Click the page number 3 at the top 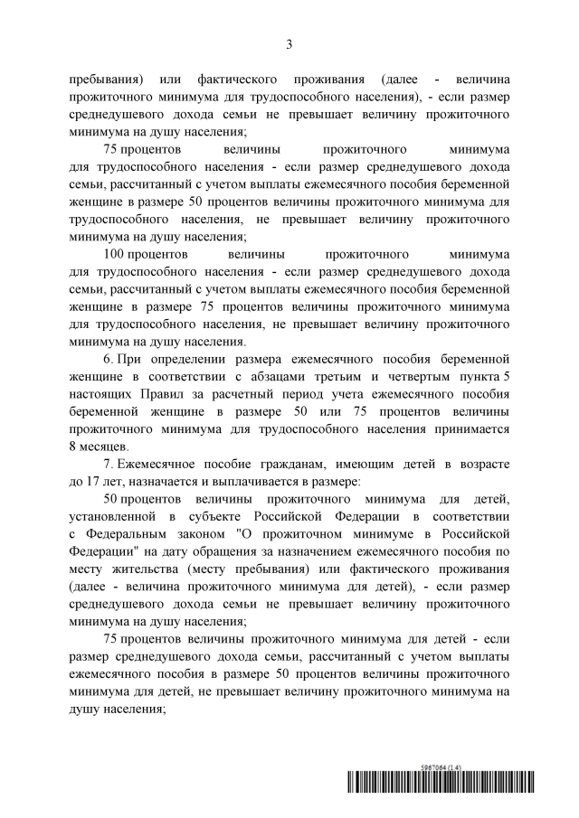coord(289,43)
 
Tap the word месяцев coord(106,447)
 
